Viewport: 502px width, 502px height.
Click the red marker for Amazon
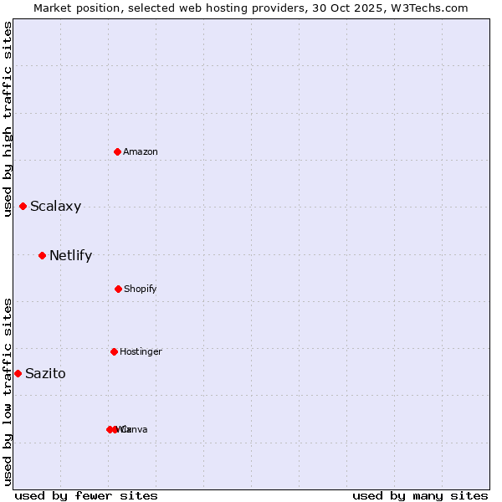118,151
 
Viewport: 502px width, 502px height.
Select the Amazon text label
141,151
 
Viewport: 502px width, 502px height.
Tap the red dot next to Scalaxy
23,206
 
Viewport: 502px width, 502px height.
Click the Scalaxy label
55,206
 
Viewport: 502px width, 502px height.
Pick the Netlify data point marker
43,255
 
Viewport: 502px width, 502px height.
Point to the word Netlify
70,255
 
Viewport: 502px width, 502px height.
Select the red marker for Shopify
118,289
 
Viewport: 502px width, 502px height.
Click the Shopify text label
140,289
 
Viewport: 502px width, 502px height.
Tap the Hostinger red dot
114,351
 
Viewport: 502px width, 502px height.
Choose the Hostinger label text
141,351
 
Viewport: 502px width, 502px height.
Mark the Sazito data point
18,373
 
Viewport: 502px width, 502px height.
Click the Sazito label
45,373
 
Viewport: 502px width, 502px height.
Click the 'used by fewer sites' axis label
86,495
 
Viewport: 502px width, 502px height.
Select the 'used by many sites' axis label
420,495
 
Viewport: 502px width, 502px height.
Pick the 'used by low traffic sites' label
8,392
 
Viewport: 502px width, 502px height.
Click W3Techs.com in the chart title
431,8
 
